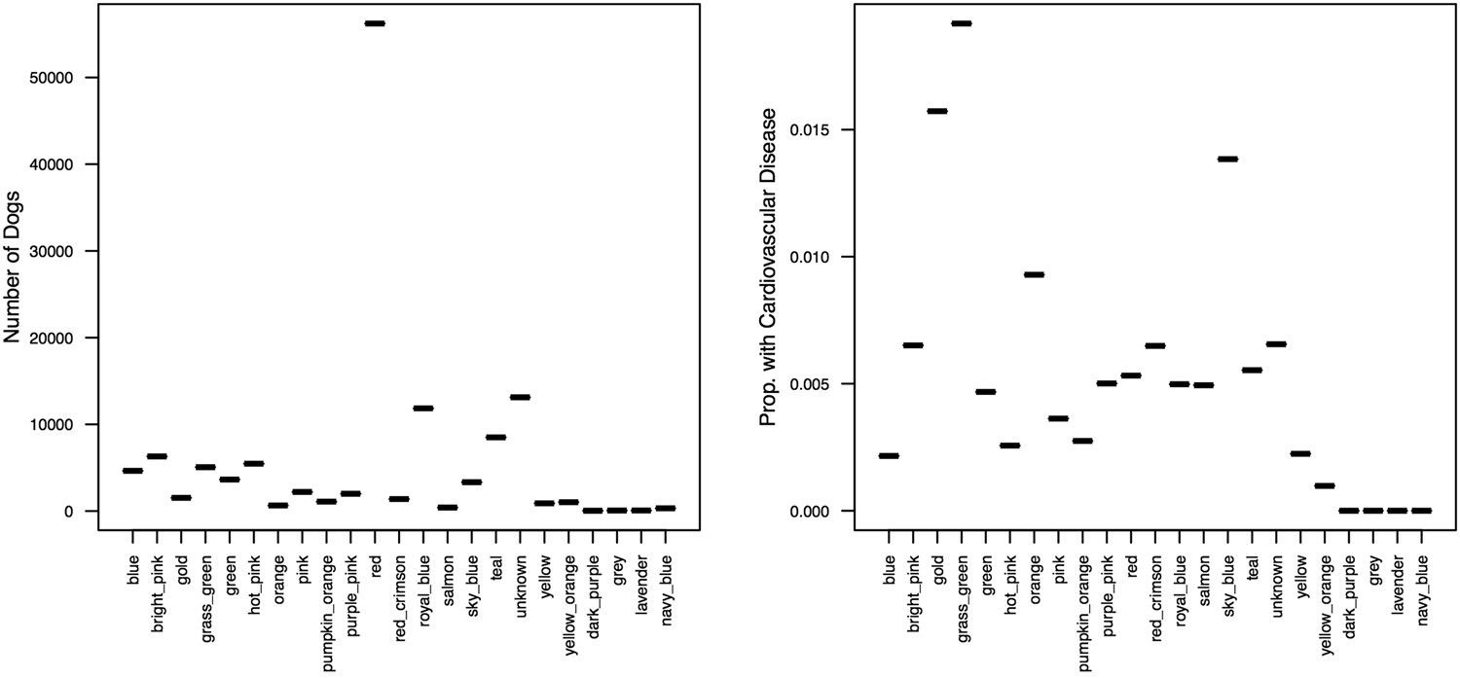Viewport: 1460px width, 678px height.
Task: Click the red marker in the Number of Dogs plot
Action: click(x=375, y=23)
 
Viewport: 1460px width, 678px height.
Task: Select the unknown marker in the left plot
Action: click(x=520, y=397)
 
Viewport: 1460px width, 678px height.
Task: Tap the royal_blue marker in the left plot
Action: click(x=423, y=409)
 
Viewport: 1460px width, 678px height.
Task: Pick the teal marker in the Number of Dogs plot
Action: click(x=495, y=438)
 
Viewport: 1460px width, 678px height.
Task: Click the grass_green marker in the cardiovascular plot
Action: click(x=962, y=23)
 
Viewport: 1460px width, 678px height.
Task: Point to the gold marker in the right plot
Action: click(x=937, y=111)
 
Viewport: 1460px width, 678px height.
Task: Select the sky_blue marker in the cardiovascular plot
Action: click(x=1227, y=159)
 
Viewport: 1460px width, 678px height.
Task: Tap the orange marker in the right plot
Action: click(x=1034, y=274)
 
